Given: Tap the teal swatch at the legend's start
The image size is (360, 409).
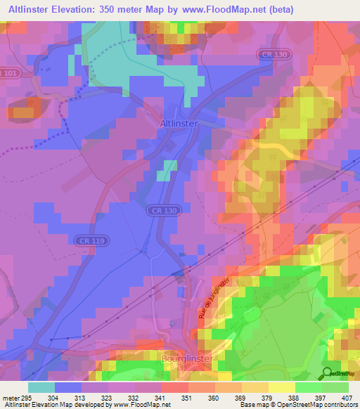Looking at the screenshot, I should click(41, 387).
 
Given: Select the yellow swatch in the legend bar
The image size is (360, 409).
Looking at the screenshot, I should click(281, 387).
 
